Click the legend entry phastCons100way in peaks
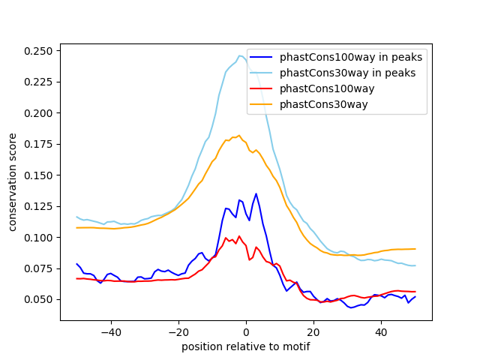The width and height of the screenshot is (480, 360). (x=351, y=57)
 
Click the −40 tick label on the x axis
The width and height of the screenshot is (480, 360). (x=110, y=331)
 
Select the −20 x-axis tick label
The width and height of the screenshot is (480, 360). (x=178, y=331)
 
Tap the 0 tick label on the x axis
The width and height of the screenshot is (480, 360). (x=246, y=331)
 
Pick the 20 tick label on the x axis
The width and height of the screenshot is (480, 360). (x=313, y=331)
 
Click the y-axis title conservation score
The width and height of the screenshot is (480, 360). (x=13, y=182)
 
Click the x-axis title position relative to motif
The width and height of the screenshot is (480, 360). (x=245, y=346)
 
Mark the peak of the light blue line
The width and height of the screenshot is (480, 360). (x=240, y=55)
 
